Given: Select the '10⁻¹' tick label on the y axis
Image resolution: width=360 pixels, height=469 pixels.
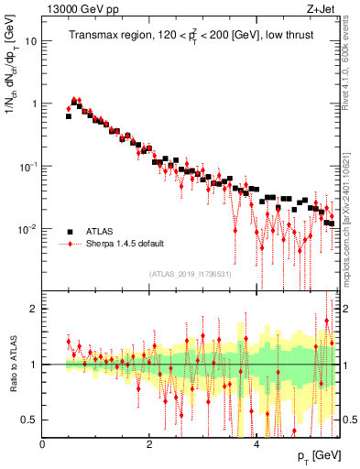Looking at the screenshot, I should tap(29, 166).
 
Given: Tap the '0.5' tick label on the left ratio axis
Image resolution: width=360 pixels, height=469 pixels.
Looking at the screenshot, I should tap(30, 420).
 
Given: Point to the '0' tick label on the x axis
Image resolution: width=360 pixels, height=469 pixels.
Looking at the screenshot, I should tap(43, 443).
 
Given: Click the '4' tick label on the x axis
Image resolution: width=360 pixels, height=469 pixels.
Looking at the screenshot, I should tap(256, 443).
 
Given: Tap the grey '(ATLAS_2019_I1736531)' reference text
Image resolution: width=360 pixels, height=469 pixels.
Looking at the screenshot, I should tap(190, 273).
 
